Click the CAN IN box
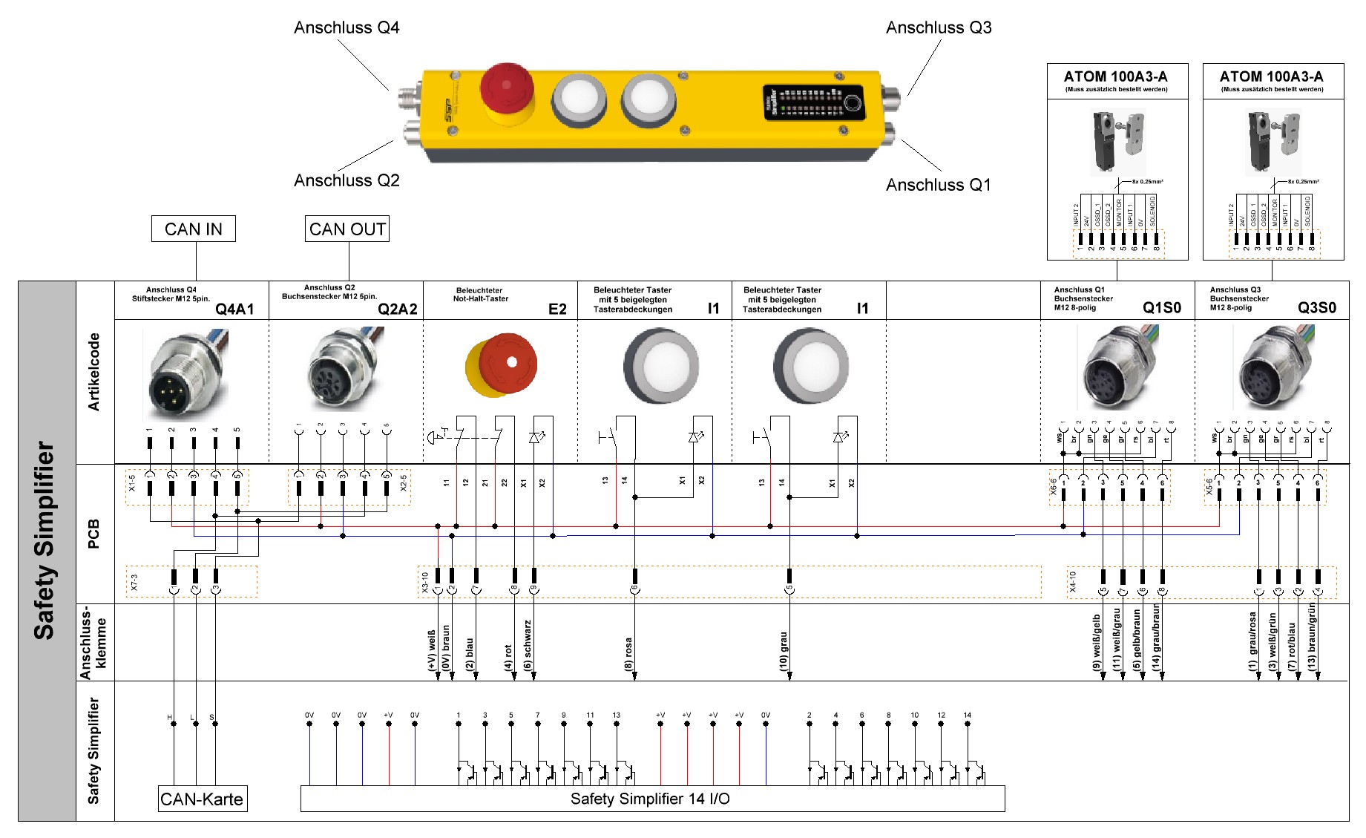(x=193, y=229)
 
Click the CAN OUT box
(x=347, y=229)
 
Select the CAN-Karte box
(x=202, y=799)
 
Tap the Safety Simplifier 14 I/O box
(x=651, y=799)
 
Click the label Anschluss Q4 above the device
(x=347, y=28)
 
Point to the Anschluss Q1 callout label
(x=938, y=185)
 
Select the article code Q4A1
(x=234, y=309)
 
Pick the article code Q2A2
(x=398, y=309)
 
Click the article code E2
(x=557, y=309)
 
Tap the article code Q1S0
(x=1162, y=308)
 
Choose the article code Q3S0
(x=1317, y=308)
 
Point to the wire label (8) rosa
(x=628, y=653)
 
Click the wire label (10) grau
(x=784, y=650)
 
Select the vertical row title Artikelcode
(x=94, y=372)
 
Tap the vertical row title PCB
(x=94, y=534)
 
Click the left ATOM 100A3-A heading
(x=1115, y=76)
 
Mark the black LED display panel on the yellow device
(x=813, y=103)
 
